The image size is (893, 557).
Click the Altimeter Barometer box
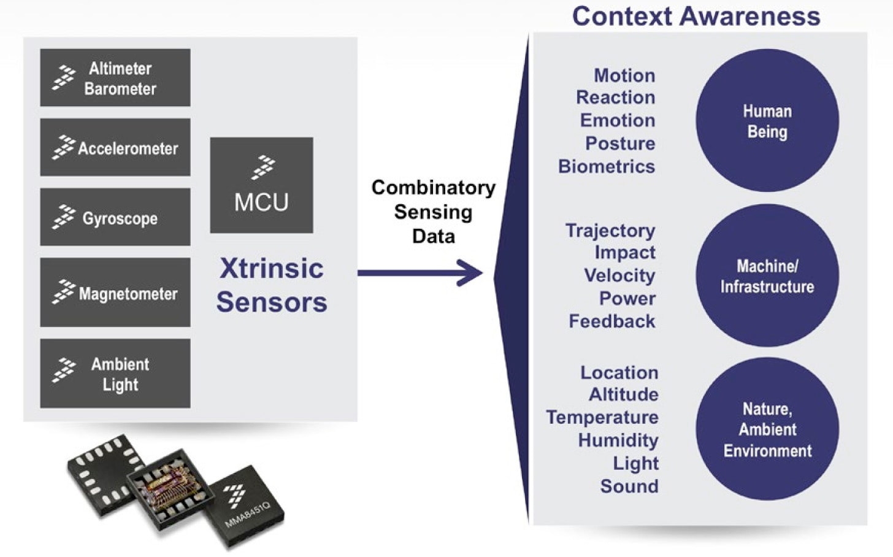[115, 78]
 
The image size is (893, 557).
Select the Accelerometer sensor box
[115, 148]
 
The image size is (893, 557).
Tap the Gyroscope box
[115, 218]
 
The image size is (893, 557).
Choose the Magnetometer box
[115, 293]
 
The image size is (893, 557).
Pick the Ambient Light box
[115, 374]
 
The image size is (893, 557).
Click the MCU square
[261, 185]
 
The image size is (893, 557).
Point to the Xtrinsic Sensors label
[271, 285]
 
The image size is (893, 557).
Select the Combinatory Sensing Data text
[433, 212]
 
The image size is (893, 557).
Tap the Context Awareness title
[696, 16]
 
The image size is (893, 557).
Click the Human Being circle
[767, 121]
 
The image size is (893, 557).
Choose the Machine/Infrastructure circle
[767, 276]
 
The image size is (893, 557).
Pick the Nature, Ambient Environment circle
[767, 429]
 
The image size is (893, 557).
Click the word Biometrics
[606, 167]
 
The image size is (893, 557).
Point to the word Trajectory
[610, 231]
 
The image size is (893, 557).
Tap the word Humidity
[618, 440]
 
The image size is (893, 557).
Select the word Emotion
[617, 120]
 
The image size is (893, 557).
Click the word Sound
[629, 486]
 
